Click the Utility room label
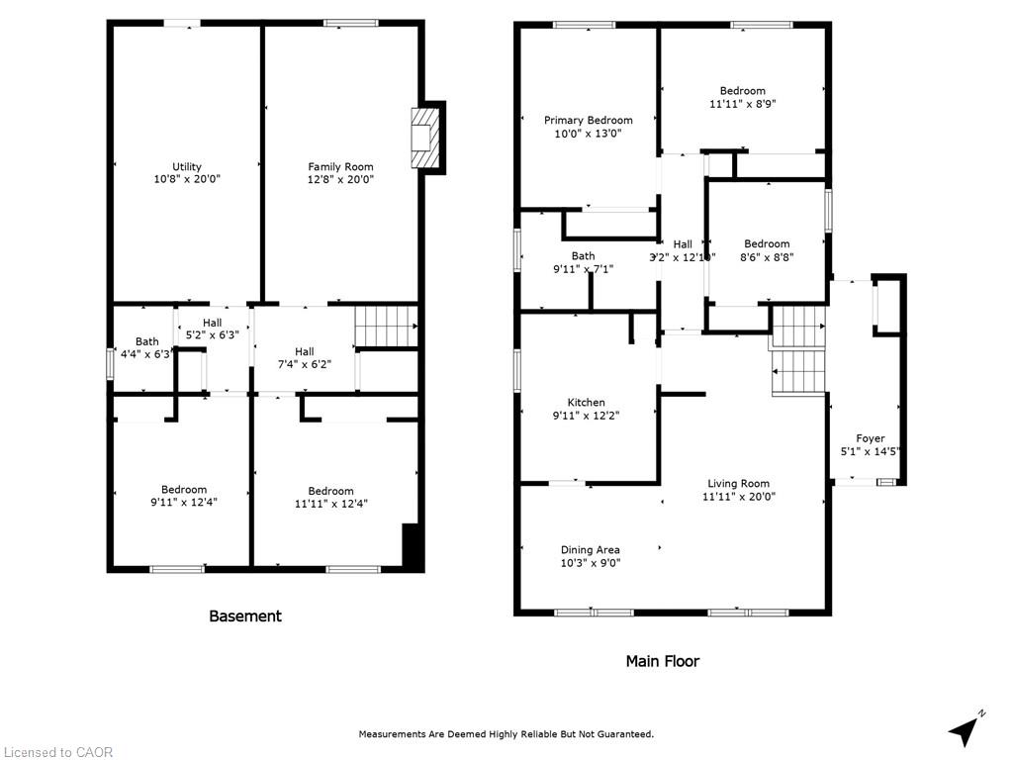coord(187,166)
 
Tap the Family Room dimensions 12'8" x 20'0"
coord(340,180)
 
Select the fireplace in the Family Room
coord(423,141)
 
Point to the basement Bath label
coord(146,341)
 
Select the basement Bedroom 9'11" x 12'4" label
coord(184,489)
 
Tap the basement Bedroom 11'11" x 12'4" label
coord(330,491)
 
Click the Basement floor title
coord(244,616)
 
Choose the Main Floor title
coord(662,660)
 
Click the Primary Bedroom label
coord(588,120)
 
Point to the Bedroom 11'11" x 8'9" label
coord(742,91)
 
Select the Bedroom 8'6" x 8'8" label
coord(767,243)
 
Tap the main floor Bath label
coord(583,255)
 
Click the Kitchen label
coord(586,402)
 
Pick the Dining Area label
coord(590,550)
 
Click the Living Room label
coord(738,484)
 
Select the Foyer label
coord(871,438)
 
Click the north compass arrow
coord(965,729)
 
